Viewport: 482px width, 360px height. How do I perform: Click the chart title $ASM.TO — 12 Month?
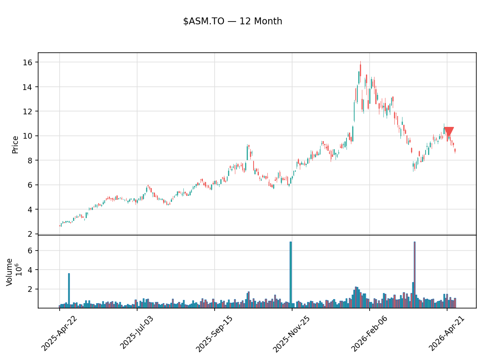pos(232,21)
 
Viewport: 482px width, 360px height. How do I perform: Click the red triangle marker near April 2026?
pos(449,132)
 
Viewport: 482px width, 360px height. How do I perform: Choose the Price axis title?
pos(15,145)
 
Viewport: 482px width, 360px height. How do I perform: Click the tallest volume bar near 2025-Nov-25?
pos(290,275)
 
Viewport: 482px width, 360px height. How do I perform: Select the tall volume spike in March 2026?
pos(414,275)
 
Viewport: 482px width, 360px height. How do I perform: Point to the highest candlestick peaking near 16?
pos(360,71)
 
